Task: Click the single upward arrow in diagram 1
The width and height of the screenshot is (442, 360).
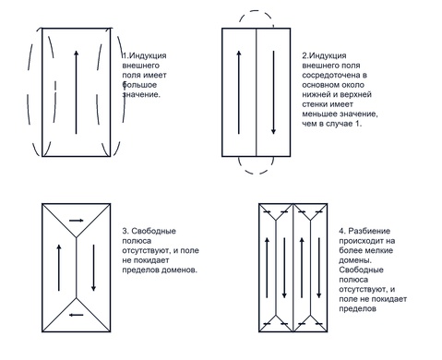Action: coord(77,92)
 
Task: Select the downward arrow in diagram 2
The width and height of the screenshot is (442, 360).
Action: coord(273,92)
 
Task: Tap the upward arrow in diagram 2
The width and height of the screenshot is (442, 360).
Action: coord(239,92)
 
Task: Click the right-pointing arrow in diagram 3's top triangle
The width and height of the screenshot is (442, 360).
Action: coord(77,221)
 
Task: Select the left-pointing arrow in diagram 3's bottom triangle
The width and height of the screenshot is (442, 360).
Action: coord(77,315)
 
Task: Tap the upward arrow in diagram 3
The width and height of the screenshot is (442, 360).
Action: coord(59,268)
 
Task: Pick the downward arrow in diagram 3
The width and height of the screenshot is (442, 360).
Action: coord(93,268)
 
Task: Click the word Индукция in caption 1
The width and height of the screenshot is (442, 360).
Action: coord(148,55)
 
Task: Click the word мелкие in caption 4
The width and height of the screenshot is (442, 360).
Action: coord(378,250)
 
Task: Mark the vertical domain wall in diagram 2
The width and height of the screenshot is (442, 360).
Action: coord(257,92)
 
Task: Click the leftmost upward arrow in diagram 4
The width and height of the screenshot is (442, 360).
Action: coord(267,268)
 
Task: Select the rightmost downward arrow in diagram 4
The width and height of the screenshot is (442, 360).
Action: coord(319,268)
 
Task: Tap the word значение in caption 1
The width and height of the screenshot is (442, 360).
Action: coord(141,94)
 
